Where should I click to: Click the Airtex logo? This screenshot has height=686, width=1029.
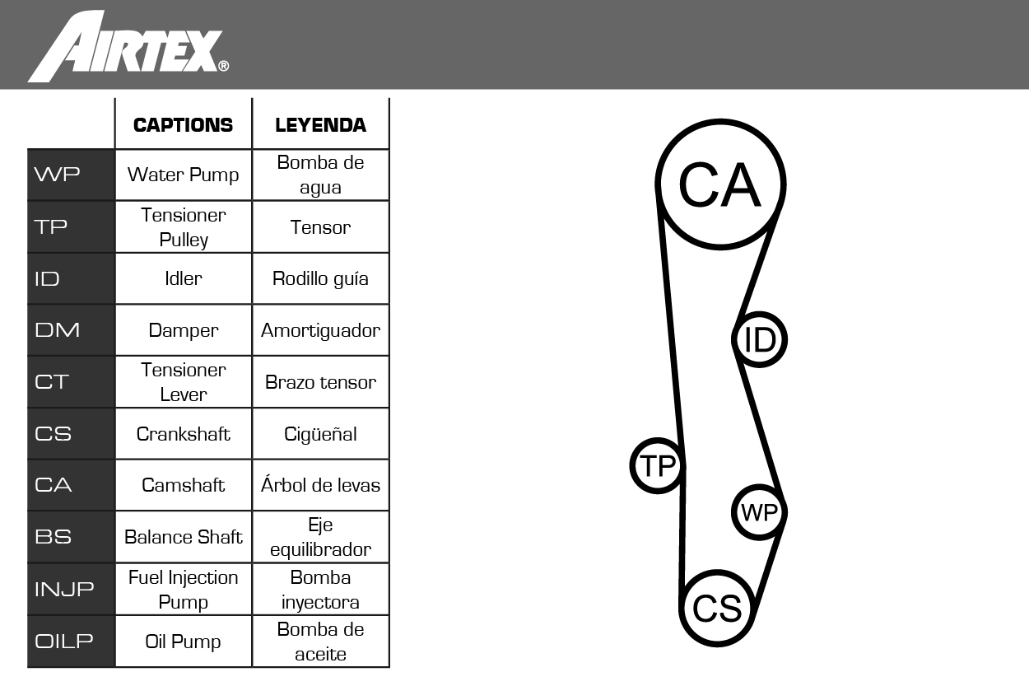click(128, 46)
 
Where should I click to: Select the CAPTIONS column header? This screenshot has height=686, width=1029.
click(184, 125)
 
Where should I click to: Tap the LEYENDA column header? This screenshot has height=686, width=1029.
click(321, 125)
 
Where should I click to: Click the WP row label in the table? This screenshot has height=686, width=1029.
click(57, 174)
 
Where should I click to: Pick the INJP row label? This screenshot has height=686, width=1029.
click(64, 589)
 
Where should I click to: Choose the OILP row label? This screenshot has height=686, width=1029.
click(64, 641)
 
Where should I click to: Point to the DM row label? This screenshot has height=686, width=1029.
click(57, 330)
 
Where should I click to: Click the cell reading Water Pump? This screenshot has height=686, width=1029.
click(184, 175)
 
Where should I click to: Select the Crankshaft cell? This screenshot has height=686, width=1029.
click(184, 434)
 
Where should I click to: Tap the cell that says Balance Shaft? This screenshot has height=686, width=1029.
click(184, 537)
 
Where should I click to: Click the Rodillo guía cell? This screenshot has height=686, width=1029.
click(321, 279)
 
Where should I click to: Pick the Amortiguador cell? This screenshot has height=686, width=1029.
click(321, 331)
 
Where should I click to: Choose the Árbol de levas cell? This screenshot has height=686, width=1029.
click(321, 485)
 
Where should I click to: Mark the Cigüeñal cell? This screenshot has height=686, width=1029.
click(321, 434)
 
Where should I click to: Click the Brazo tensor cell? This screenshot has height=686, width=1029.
click(321, 382)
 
